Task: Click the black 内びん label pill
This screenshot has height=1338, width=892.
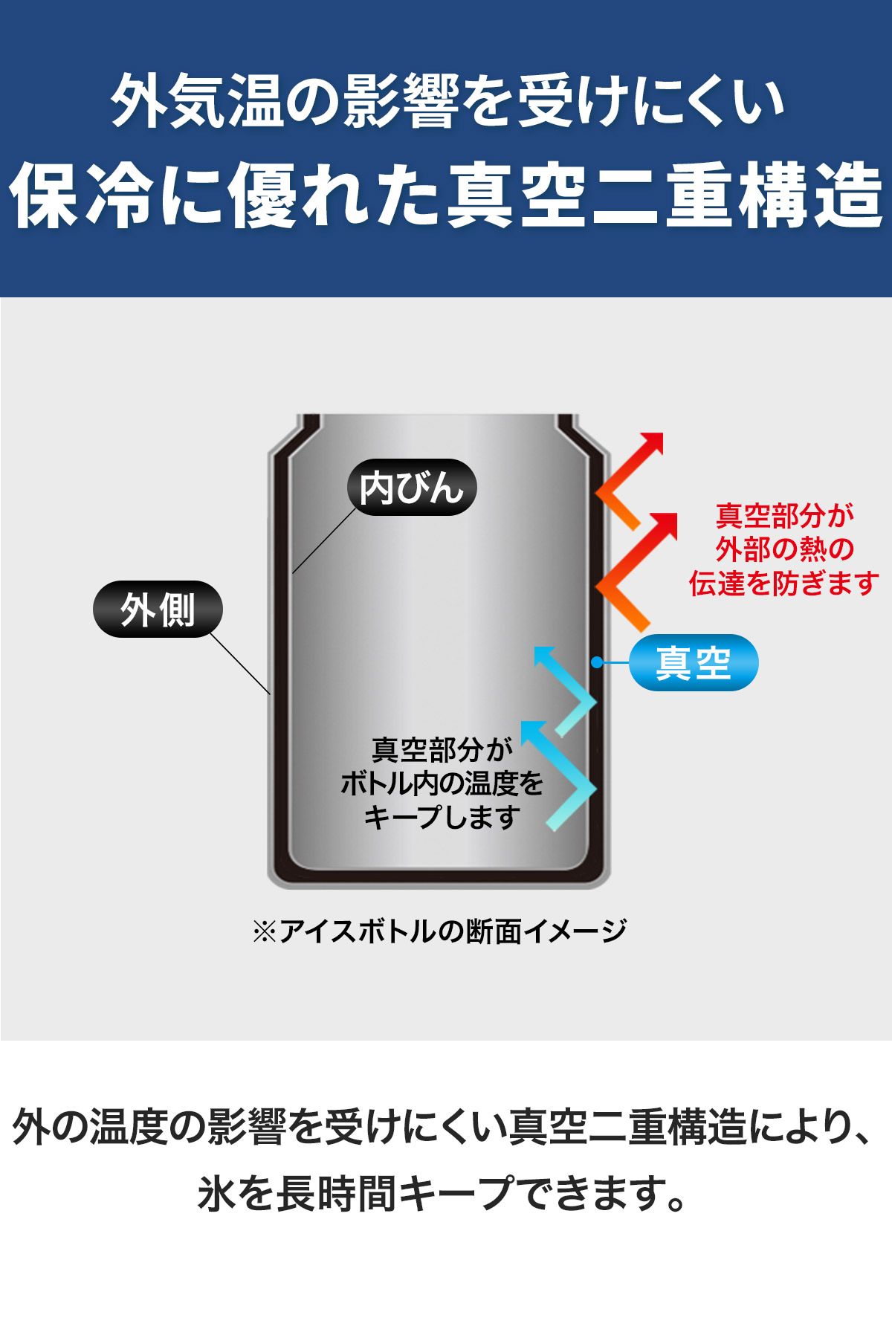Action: [412, 488]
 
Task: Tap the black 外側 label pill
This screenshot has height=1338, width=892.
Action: [158, 610]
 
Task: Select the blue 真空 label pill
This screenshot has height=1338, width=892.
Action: [694, 662]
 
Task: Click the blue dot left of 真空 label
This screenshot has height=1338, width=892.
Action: [597, 662]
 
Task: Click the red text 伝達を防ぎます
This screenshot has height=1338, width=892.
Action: [784, 584]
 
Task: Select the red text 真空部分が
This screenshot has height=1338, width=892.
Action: [784, 515]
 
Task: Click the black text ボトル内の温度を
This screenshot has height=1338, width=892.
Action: [442, 783]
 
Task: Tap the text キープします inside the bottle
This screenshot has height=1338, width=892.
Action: [442, 817]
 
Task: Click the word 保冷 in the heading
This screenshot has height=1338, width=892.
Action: [82, 195]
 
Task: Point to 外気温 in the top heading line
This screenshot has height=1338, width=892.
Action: [197, 100]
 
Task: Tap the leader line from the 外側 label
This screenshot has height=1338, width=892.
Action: [239, 663]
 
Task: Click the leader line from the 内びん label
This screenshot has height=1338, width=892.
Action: [325, 540]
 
